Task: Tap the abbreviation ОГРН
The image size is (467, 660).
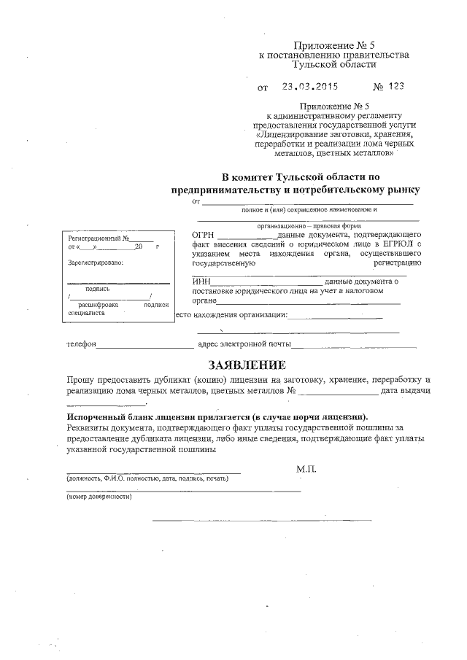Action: (204, 235)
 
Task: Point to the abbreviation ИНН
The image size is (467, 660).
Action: (201, 282)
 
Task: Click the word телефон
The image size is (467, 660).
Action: (81, 343)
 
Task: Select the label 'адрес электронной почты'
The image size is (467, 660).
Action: (244, 343)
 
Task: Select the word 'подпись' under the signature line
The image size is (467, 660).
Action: (97, 288)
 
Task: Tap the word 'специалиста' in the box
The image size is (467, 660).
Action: (86, 312)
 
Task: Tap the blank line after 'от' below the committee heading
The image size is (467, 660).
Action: (306, 202)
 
